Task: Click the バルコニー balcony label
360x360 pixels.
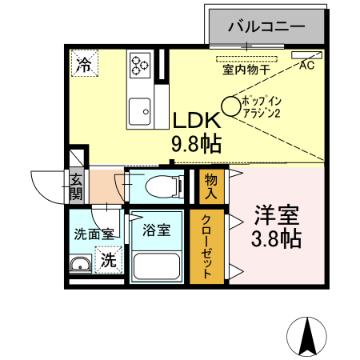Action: [266, 26]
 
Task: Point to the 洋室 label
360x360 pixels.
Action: [277, 214]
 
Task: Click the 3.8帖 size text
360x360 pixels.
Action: [277, 238]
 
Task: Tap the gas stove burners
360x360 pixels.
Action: [142, 63]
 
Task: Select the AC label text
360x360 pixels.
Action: [306, 67]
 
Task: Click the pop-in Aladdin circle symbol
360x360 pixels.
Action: [231, 105]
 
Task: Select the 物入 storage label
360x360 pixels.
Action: [210, 186]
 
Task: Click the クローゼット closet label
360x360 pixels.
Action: [206, 246]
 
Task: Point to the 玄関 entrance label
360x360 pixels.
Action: [76, 186]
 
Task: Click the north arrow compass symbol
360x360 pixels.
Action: [308, 336]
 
